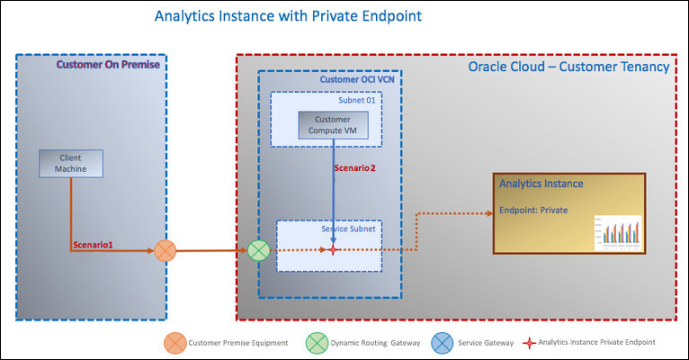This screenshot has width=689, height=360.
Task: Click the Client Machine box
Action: click(x=71, y=163)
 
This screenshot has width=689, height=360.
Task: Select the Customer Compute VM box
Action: click(x=334, y=126)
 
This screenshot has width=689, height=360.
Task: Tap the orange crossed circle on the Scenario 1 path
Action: click(x=166, y=249)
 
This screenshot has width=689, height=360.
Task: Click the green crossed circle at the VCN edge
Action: click(x=260, y=249)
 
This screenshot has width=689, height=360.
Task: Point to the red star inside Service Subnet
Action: click(x=334, y=249)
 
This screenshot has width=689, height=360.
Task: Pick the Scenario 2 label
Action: click(x=354, y=167)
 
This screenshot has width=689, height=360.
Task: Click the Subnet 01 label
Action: click(x=357, y=100)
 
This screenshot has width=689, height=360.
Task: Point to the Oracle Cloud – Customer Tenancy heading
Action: click(x=568, y=67)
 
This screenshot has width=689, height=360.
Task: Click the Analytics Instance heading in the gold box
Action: click(x=541, y=184)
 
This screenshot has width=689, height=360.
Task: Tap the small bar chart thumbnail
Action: click(x=617, y=232)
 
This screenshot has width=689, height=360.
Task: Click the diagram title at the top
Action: click(x=275, y=16)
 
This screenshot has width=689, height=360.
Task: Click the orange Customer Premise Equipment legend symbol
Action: click(x=174, y=342)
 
